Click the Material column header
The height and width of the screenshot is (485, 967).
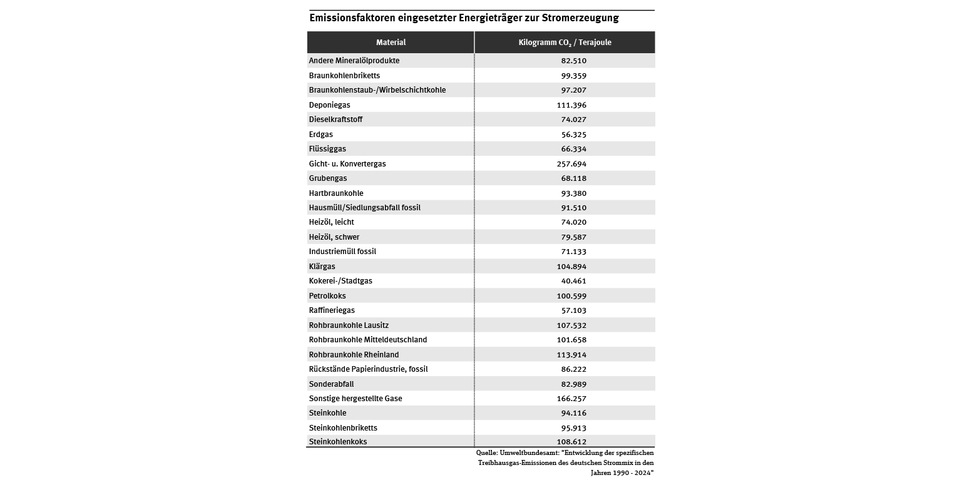391,43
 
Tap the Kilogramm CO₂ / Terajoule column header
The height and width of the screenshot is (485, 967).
565,43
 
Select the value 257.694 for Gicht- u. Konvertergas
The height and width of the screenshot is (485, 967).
573,164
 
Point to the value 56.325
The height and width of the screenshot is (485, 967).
573,135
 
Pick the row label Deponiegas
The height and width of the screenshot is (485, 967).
329,105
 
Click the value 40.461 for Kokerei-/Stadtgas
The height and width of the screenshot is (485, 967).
573,281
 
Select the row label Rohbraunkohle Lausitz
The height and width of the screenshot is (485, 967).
349,325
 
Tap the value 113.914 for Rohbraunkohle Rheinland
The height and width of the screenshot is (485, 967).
573,355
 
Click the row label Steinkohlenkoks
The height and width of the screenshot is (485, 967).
338,442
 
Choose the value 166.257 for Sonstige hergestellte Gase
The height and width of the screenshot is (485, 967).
573,399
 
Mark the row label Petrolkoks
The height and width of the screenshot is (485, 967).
327,296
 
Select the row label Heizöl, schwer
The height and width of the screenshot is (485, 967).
334,237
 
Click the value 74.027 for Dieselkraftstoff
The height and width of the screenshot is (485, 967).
573,120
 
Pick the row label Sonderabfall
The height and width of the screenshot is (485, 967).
331,384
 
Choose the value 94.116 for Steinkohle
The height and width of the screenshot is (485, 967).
573,413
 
